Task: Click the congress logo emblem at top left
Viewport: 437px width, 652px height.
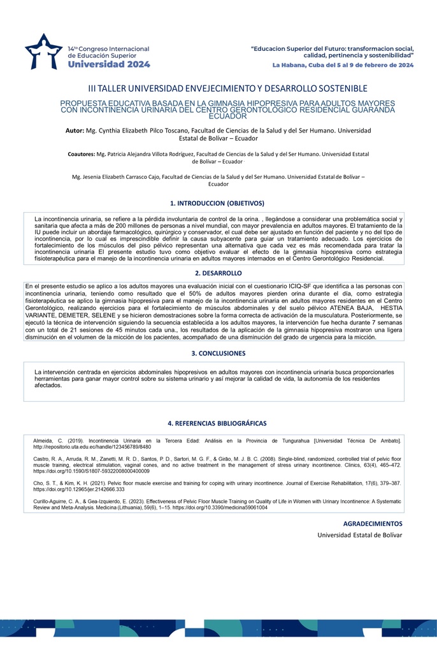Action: pos(44,52)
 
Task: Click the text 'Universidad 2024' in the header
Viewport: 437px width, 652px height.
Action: pos(109,64)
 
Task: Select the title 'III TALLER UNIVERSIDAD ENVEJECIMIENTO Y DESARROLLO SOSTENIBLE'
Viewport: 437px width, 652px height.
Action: pos(218,89)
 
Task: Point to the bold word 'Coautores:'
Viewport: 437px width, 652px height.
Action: pos(81,154)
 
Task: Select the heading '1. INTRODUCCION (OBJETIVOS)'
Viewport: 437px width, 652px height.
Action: pos(217,204)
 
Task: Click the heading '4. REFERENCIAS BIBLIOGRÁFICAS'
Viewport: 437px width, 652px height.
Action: pos(217,423)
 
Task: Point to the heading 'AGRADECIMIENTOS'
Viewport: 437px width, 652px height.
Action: pos(373,523)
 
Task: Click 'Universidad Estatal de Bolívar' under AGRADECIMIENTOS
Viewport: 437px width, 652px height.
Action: pos(360,535)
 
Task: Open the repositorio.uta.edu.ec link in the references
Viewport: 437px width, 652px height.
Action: pos(92,446)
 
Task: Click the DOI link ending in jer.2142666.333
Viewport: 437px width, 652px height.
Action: pos(80,490)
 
